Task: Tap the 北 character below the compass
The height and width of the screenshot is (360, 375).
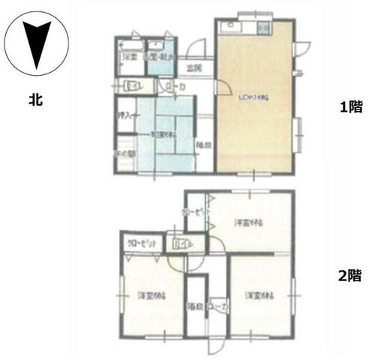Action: point(35,97)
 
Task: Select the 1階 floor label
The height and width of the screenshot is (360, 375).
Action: point(349,107)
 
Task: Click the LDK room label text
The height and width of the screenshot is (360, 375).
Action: point(253,97)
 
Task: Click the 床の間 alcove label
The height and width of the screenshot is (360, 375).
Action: point(125,154)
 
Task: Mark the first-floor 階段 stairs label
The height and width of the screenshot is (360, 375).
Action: point(202,144)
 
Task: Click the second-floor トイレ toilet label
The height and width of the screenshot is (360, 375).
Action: point(182,245)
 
